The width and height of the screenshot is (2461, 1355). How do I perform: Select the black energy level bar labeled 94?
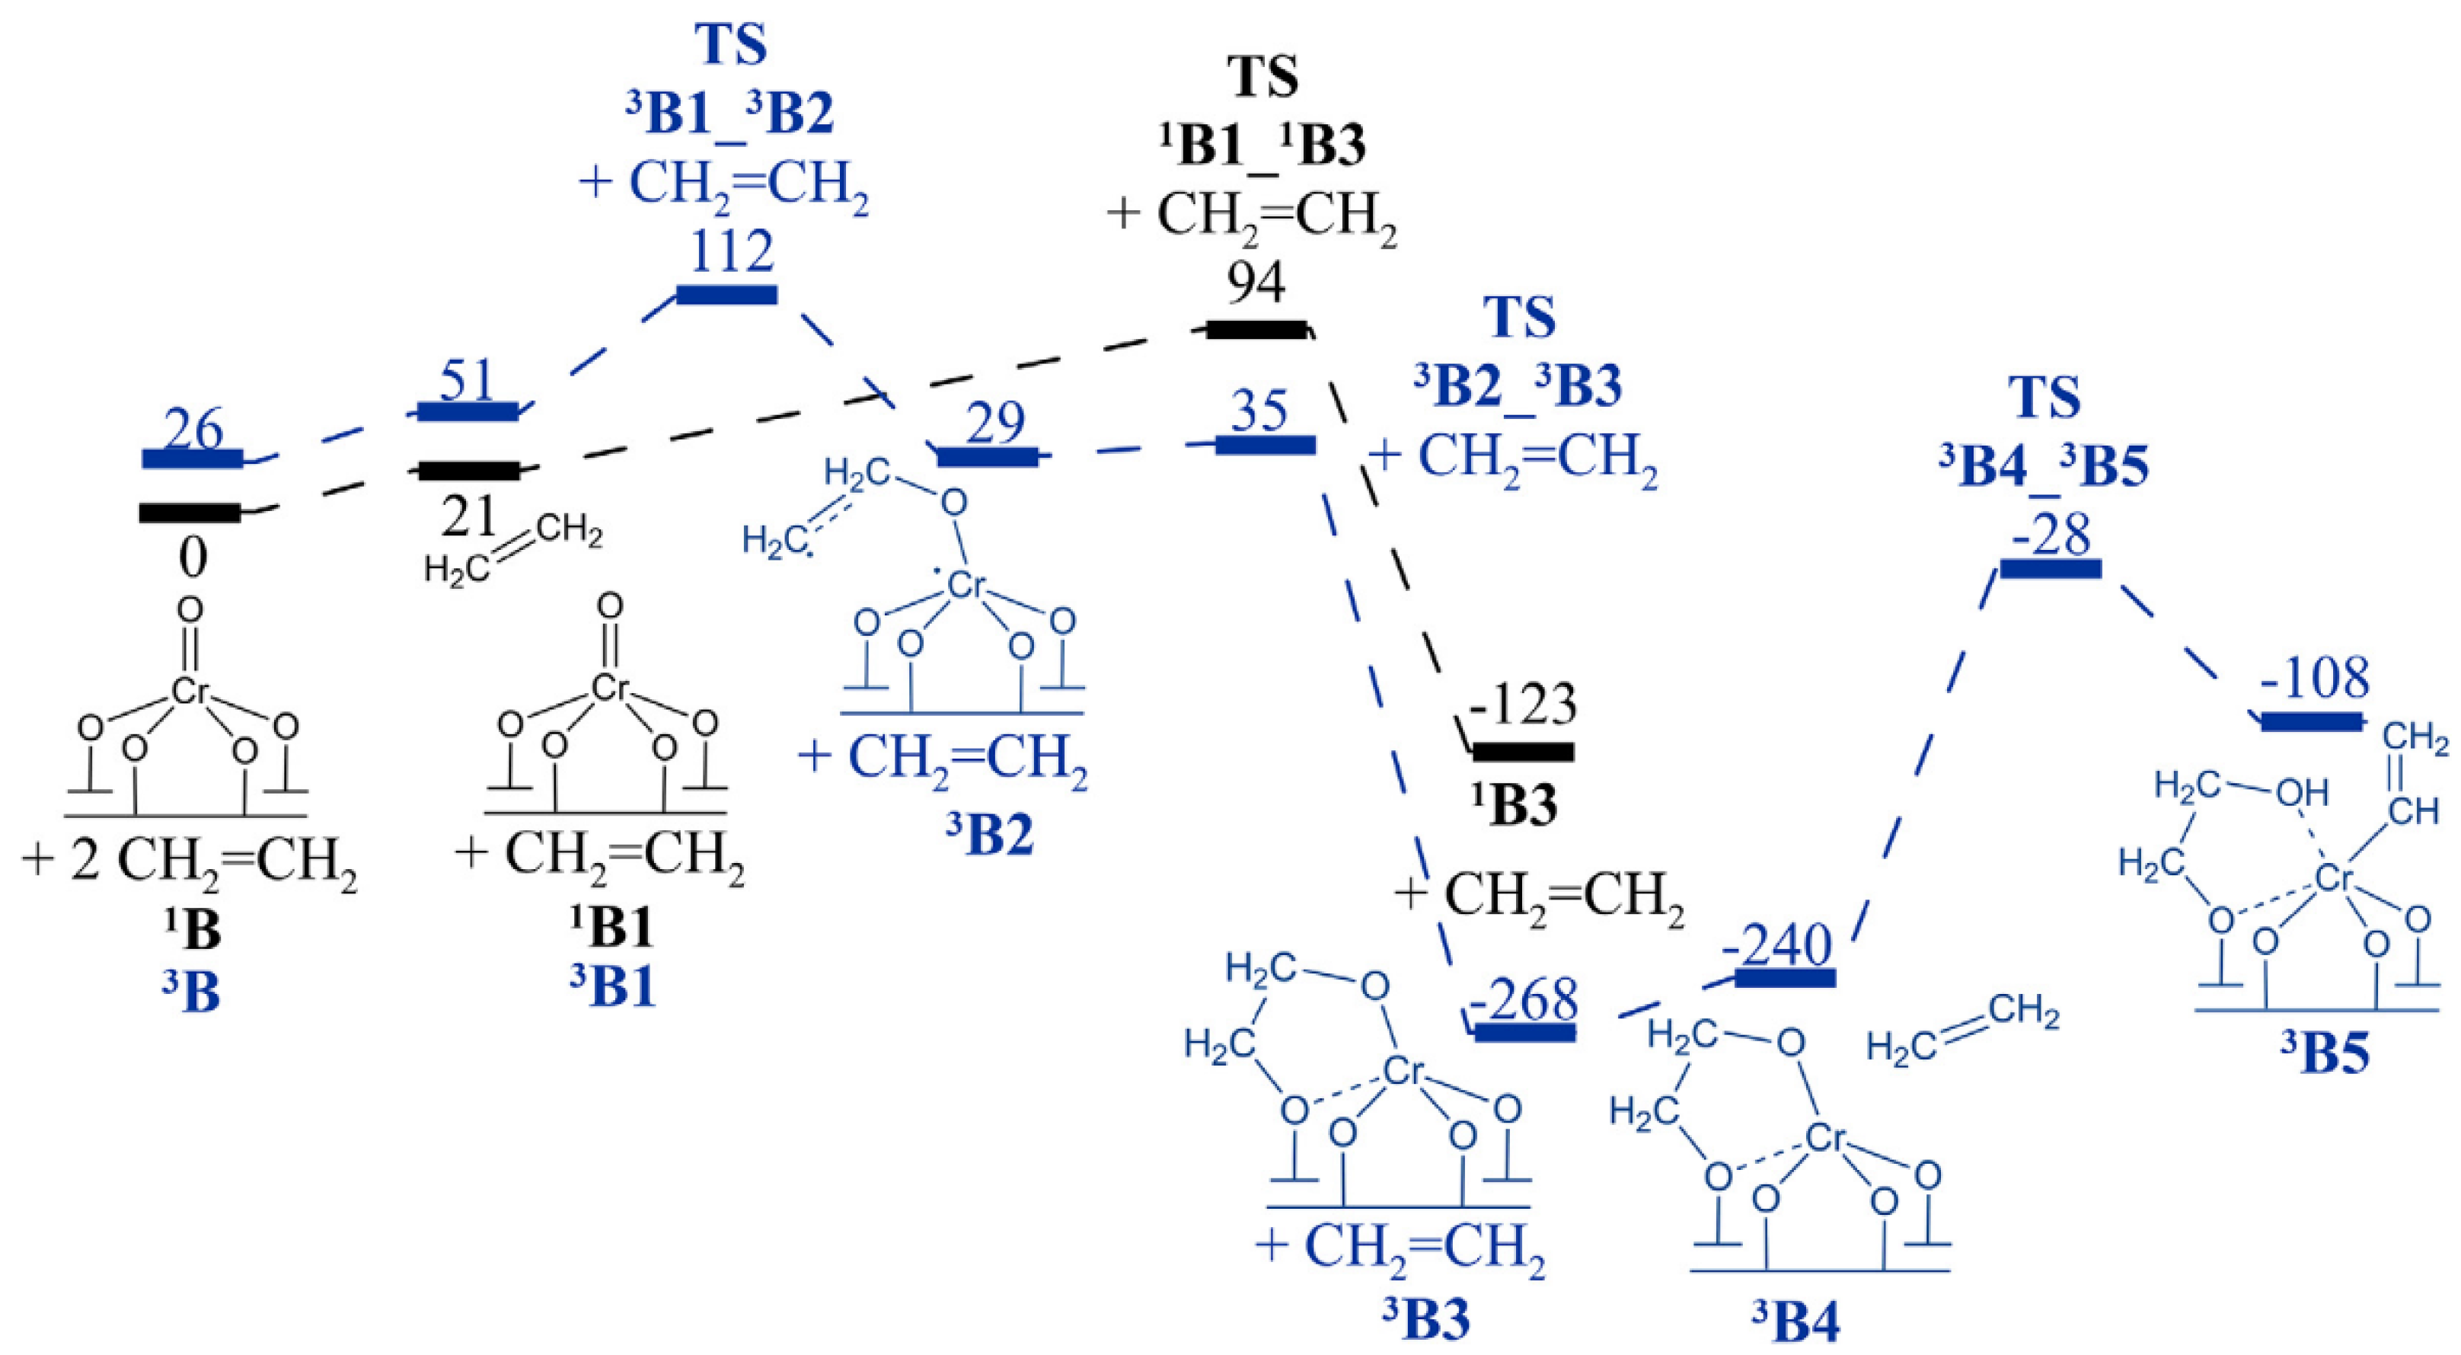point(1256,330)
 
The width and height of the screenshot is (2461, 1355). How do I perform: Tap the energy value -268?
point(1523,1001)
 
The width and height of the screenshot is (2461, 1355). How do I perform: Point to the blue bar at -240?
point(1785,977)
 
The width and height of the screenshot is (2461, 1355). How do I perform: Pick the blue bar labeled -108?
point(2311,721)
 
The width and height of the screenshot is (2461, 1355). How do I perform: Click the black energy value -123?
point(1523,705)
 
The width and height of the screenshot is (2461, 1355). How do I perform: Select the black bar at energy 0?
point(190,513)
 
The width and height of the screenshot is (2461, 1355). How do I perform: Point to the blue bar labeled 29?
point(987,457)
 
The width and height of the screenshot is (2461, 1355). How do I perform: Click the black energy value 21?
point(468,517)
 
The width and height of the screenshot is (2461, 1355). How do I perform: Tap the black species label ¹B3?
point(1515,804)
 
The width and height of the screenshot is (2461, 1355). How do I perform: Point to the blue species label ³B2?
point(990,834)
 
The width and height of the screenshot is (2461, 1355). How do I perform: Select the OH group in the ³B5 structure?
point(2303,791)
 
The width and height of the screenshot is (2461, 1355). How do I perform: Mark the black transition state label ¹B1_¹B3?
point(1262,147)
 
